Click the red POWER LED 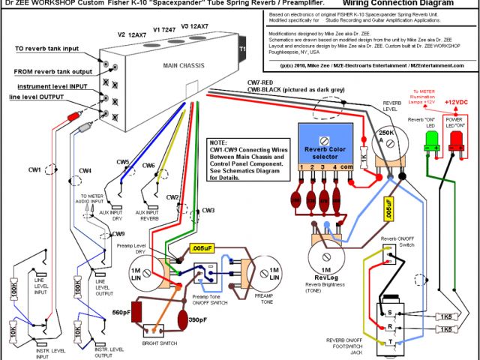pyautogui.click(x=455, y=142)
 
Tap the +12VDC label pyautogui.click(x=457, y=101)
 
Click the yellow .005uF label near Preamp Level pyautogui.click(x=202, y=247)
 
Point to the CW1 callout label pyautogui.click(x=34, y=171)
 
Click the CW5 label pyautogui.click(x=122, y=162)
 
